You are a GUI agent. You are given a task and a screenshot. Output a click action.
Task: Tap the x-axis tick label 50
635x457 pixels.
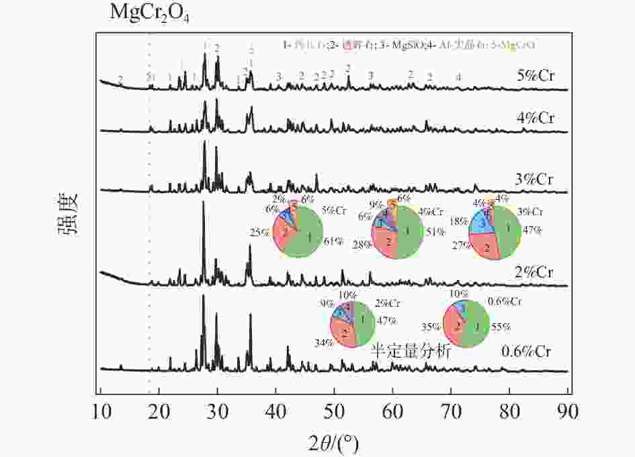(334, 410)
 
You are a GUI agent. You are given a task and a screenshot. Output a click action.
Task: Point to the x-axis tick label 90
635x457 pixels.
(568, 410)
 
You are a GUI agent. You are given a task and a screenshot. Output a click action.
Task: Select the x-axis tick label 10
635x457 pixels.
(100, 410)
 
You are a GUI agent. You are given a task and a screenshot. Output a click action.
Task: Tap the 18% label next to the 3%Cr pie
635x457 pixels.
(458, 220)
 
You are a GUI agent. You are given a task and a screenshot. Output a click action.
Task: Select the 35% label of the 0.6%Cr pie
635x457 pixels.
(430, 327)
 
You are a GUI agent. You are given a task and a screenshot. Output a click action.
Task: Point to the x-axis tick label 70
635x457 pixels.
(451, 410)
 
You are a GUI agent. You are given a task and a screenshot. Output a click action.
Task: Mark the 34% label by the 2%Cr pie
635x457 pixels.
(324, 343)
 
